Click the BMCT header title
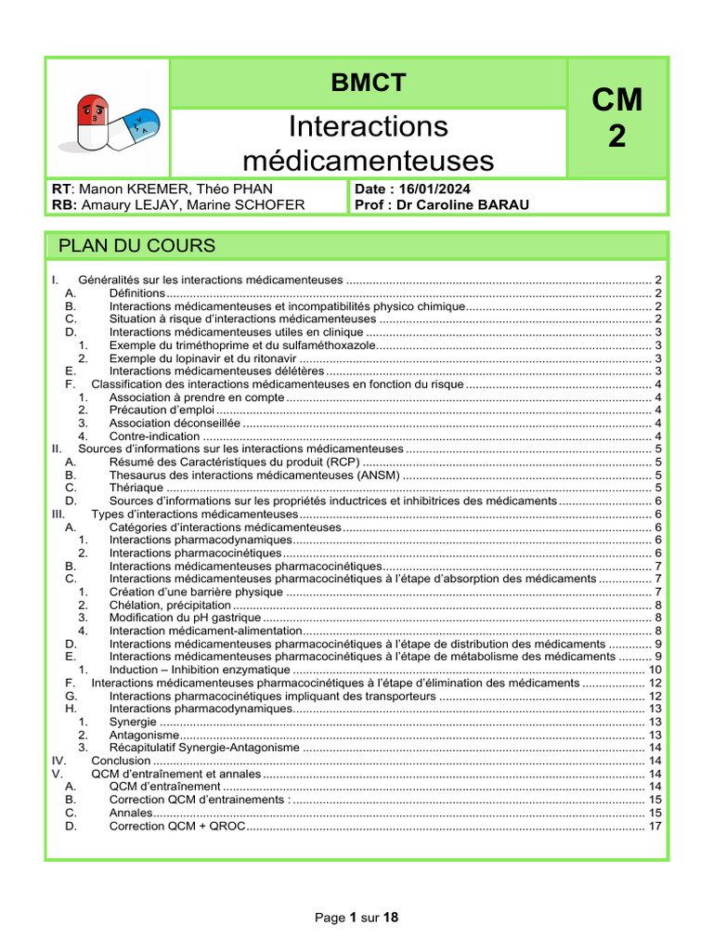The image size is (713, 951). (369, 83)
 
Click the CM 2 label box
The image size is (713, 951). (616, 117)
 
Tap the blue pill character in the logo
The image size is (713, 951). (137, 127)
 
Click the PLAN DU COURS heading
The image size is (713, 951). (136, 245)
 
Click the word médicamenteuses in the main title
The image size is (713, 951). (368, 161)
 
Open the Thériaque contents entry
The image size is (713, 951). (136, 487)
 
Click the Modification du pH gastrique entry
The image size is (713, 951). (172, 617)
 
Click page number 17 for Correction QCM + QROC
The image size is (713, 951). (655, 825)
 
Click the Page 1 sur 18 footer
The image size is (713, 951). (356, 918)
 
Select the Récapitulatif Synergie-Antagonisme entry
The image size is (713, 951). (204, 747)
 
